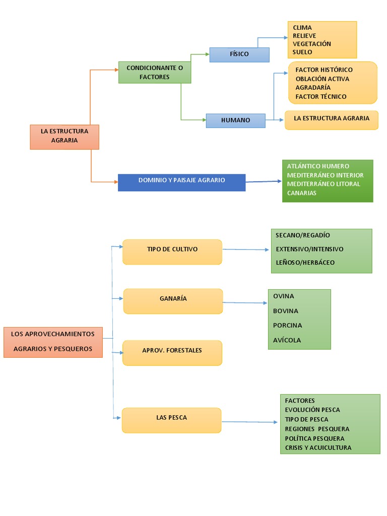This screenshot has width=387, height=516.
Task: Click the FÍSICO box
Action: point(239,54)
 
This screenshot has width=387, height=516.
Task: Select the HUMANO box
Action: point(235,120)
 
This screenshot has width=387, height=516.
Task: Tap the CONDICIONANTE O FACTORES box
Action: point(155,72)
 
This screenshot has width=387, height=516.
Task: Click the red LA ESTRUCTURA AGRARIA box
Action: point(64,136)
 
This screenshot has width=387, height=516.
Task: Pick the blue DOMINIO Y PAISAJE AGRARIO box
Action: point(181,182)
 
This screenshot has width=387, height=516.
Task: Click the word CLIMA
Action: point(302,28)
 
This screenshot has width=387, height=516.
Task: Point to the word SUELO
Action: point(302,52)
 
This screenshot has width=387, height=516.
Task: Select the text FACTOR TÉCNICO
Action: point(321,97)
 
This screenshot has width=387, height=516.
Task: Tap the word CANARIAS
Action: point(302,193)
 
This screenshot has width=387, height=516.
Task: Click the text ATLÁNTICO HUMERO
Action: point(318,166)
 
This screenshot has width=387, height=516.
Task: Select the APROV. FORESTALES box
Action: point(172,352)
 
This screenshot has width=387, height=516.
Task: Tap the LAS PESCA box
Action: point(171,420)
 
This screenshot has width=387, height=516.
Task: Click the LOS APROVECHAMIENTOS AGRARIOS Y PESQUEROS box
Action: point(53,342)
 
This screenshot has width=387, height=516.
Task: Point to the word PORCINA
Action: point(288,326)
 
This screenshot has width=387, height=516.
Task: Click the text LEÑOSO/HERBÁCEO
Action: point(305,263)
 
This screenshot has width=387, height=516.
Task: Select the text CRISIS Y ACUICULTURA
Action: point(318,448)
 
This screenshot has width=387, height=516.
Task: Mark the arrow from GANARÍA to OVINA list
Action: point(245,303)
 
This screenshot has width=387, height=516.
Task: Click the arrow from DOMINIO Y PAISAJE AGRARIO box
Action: point(264,181)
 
